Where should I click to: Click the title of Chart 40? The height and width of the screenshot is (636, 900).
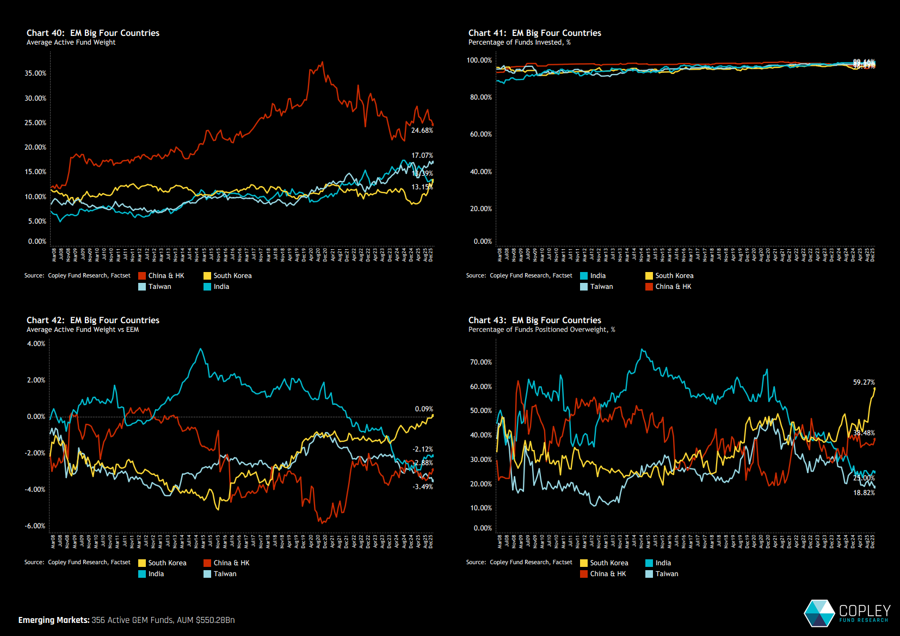[93, 33]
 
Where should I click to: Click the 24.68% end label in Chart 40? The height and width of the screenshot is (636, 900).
[422, 131]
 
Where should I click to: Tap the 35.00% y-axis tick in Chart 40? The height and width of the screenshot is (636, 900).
[35, 73]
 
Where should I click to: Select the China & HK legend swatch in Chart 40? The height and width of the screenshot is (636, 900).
[142, 276]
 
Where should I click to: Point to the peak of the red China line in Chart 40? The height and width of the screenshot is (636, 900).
[323, 62]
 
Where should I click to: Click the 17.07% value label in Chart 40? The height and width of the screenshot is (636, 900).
[422, 156]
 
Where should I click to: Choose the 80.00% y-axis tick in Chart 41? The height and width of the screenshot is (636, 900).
[481, 97]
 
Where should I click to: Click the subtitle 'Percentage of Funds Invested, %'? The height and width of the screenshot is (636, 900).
[519, 42]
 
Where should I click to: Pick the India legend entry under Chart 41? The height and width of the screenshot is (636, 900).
[597, 276]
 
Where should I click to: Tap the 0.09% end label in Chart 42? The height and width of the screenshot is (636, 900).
[424, 409]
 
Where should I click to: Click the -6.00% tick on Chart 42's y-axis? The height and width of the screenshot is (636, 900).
[35, 526]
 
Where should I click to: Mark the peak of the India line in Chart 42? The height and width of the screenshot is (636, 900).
[201, 349]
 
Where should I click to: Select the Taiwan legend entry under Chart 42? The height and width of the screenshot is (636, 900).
[225, 574]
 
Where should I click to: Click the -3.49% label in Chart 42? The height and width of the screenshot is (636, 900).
[423, 487]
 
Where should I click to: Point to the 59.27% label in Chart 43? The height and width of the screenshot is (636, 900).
[864, 382]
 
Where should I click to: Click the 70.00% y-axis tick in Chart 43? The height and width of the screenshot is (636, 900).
[481, 362]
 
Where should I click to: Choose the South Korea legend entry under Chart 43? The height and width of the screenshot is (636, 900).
[609, 563]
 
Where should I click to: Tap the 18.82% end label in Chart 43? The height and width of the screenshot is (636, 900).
[864, 493]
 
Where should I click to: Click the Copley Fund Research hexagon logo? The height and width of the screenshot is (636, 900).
[819, 613]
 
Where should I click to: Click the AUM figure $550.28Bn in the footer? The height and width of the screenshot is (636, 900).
[215, 620]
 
